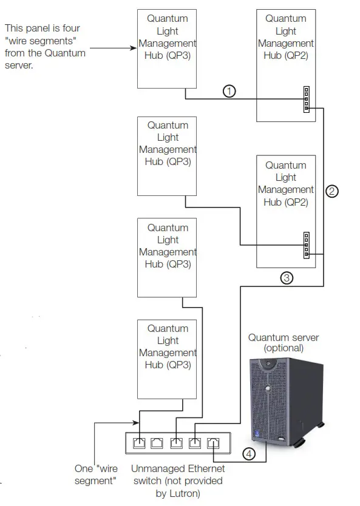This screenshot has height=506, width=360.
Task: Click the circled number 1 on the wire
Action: (x=229, y=91)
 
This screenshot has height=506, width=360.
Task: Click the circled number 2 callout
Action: (x=331, y=191)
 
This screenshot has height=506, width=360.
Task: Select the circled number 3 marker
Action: (x=287, y=278)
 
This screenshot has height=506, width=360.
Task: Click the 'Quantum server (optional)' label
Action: (x=283, y=343)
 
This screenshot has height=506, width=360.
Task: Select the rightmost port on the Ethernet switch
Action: (x=213, y=442)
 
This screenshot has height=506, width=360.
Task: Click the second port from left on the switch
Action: (x=157, y=442)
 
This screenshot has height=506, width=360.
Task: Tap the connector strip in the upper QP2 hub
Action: (x=307, y=99)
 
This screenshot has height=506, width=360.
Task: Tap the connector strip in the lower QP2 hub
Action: (x=307, y=245)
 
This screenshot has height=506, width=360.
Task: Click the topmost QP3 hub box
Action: (x=168, y=48)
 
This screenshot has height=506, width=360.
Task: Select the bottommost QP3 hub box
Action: (x=168, y=358)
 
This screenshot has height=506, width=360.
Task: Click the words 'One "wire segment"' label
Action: (x=95, y=474)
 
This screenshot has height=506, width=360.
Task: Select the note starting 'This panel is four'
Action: (x=44, y=47)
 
